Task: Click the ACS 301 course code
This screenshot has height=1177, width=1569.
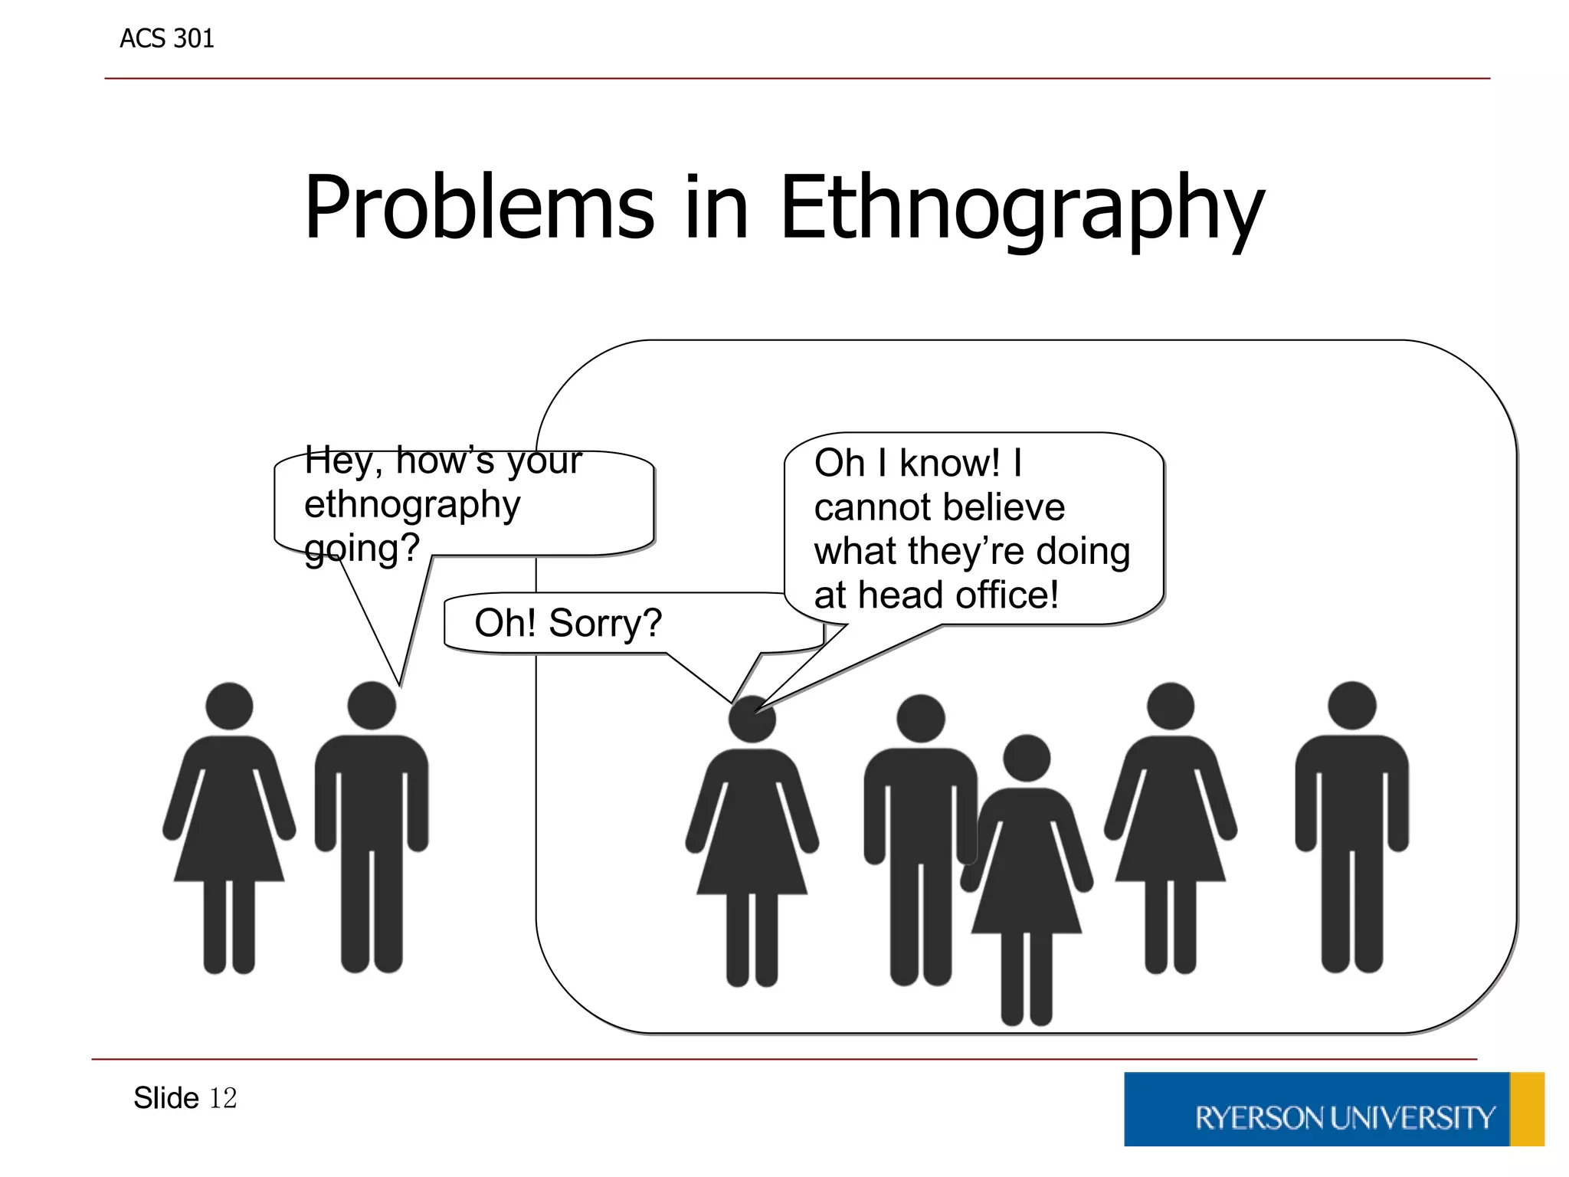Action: pyautogui.click(x=166, y=38)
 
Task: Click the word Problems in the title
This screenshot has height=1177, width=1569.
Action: pyautogui.click(x=479, y=208)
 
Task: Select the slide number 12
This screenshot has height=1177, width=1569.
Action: pyautogui.click(x=223, y=1098)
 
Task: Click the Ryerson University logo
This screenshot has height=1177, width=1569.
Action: pyautogui.click(x=1333, y=1110)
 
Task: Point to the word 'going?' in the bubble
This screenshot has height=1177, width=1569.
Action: pyautogui.click(x=362, y=548)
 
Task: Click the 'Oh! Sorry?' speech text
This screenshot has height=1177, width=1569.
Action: pyautogui.click(x=568, y=622)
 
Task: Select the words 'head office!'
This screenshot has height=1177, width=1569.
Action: pyautogui.click(x=958, y=595)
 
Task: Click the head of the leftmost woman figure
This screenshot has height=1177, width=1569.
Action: pyautogui.click(x=229, y=706)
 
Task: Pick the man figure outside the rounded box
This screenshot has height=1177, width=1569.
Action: pyautogui.click(x=372, y=828)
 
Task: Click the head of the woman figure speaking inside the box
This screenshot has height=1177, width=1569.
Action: pyautogui.click(x=752, y=719)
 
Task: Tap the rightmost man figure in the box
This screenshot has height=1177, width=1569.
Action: pyautogui.click(x=1351, y=828)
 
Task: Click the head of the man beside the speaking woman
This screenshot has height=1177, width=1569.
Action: pyautogui.click(x=920, y=718)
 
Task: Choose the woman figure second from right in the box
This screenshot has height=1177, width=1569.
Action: pyautogui.click(x=1170, y=828)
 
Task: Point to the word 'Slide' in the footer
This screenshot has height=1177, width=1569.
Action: pyautogui.click(x=166, y=1098)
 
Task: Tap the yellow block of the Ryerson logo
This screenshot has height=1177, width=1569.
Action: pyautogui.click(x=1527, y=1110)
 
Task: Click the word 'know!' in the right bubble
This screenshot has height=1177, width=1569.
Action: pyautogui.click(x=949, y=463)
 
